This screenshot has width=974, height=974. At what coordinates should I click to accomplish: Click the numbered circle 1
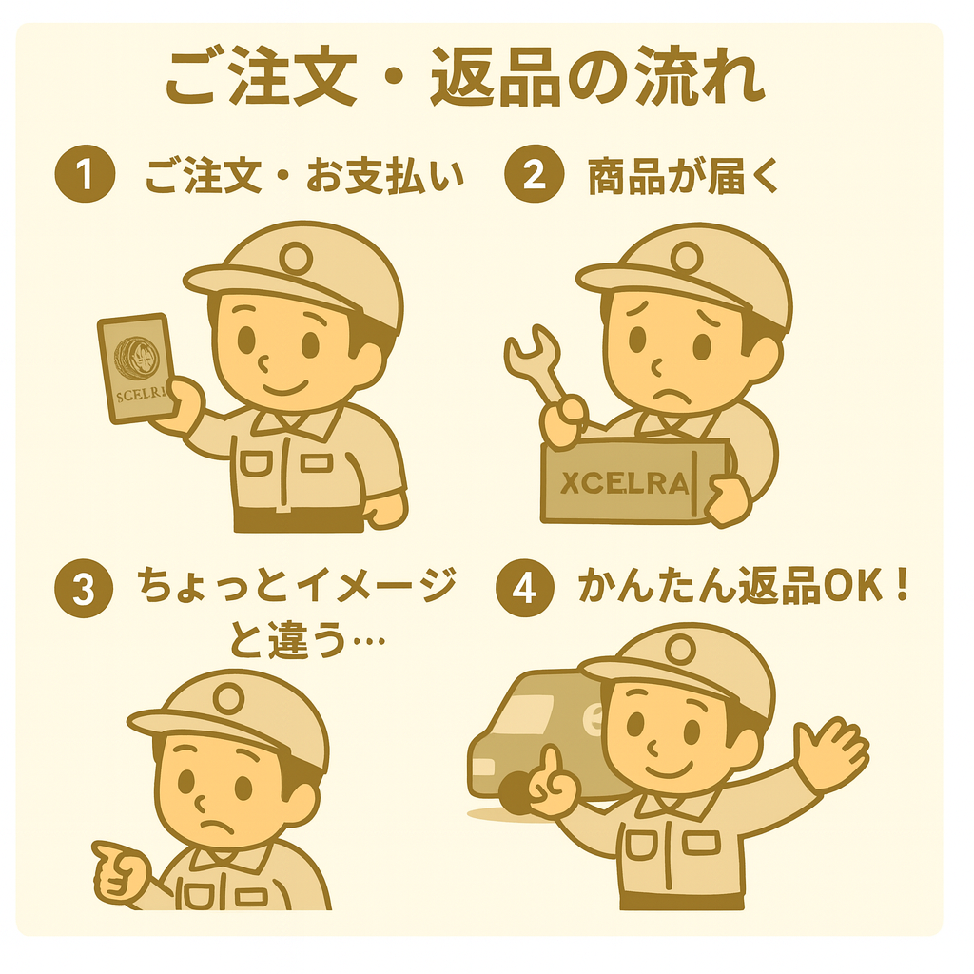pyautogui.click(x=85, y=177)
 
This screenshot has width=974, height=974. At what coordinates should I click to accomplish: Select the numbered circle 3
pyautogui.click(x=85, y=590)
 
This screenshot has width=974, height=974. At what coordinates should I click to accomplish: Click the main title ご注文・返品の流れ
pyautogui.click(x=465, y=79)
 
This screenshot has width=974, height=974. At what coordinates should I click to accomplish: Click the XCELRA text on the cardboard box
pyautogui.click(x=624, y=483)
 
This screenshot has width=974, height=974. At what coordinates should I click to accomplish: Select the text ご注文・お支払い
pyautogui.click(x=304, y=177)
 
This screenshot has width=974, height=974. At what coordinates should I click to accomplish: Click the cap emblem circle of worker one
pyautogui.click(x=297, y=255)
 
